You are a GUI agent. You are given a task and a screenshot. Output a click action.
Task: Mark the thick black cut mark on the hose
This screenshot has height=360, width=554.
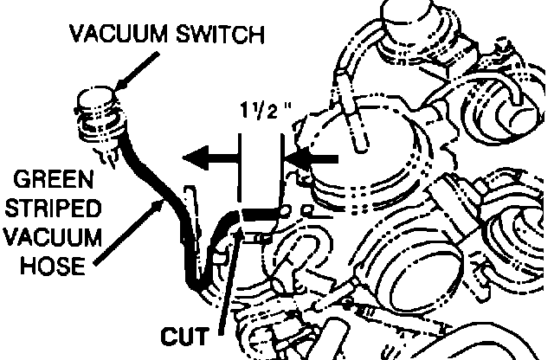(261, 213)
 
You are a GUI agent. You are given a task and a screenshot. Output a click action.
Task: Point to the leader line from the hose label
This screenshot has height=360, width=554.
(130, 229)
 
